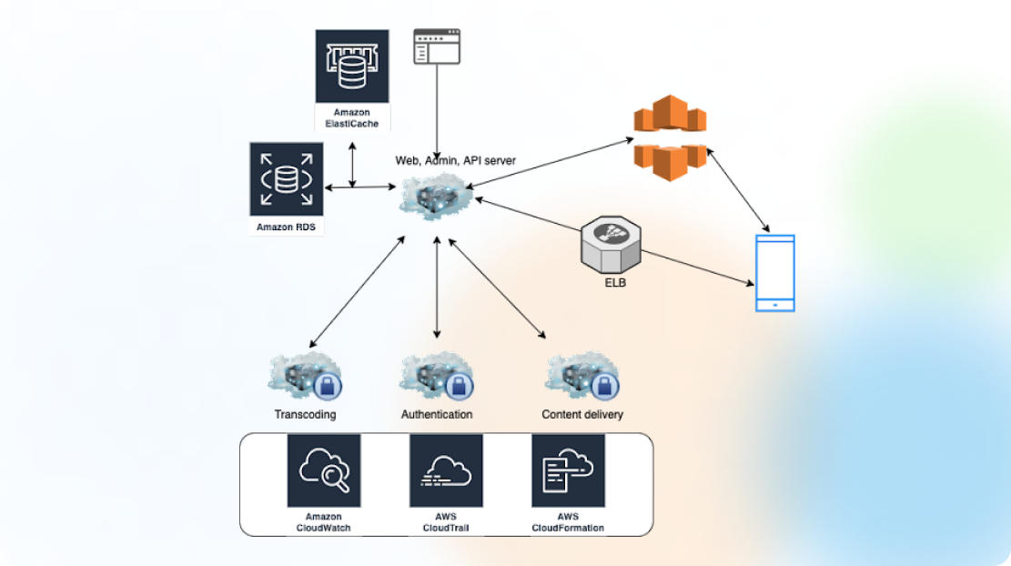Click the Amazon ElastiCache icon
352,66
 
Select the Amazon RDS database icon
286,178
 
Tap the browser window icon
437,46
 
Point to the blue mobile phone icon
775,273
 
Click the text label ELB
613,283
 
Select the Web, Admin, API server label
455,160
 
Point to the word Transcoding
305,414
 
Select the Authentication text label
437,414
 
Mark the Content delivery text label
582,414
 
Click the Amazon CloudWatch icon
324,470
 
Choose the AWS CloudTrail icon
446,470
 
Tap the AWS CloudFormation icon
568,470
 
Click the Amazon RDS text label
286,227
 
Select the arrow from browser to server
438,109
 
